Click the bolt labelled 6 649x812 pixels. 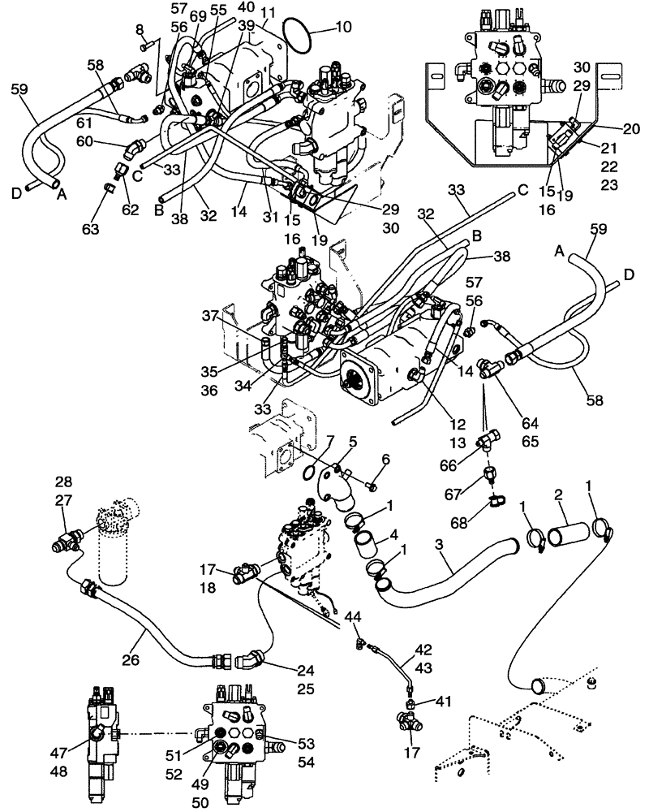(372, 486)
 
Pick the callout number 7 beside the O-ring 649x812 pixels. (329, 443)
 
